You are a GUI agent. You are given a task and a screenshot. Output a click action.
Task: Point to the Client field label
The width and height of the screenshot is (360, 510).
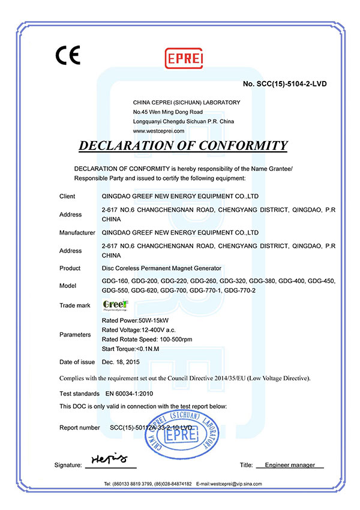pyautogui.click(x=67, y=196)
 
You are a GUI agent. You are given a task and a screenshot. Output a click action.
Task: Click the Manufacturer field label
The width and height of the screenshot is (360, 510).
pyautogui.click(x=77, y=232)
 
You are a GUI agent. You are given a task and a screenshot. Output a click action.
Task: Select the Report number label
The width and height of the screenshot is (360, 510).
pyautogui.click(x=80, y=428)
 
